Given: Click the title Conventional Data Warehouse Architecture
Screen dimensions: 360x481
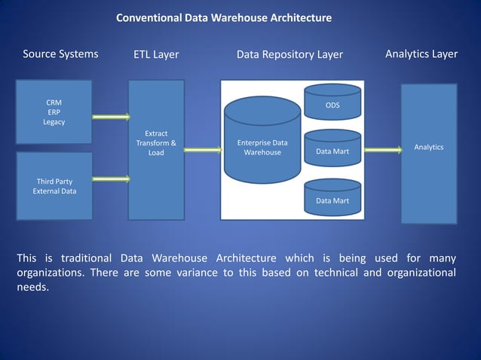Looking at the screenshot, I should click(x=223, y=17).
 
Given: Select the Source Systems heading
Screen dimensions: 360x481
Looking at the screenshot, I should click(x=60, y=54).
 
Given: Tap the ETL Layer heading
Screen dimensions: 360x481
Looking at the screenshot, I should click(x=156, y=54).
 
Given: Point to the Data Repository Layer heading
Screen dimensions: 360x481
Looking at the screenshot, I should click(x=290, y=54).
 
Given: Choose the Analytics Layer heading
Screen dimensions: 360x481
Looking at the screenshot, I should click(x=421, y=54).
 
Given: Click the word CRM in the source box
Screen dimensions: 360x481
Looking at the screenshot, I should click(x=54, y=102).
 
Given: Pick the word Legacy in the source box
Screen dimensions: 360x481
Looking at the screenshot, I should click(x=54, y=122).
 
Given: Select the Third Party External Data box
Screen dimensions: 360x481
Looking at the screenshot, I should click(x=54, y=186).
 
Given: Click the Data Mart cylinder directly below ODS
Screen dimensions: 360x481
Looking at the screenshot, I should click(x=332, y=151).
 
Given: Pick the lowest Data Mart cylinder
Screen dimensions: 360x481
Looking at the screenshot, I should click(x=332, y=200).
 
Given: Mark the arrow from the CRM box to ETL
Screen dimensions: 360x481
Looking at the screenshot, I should click(x=111, y=117).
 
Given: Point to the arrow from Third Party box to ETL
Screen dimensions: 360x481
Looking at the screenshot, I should click(x=111, y=179).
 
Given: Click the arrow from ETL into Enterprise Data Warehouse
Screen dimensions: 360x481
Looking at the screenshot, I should click(x=203, y=150).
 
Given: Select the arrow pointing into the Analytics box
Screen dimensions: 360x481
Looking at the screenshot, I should click(x=383, y=150).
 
